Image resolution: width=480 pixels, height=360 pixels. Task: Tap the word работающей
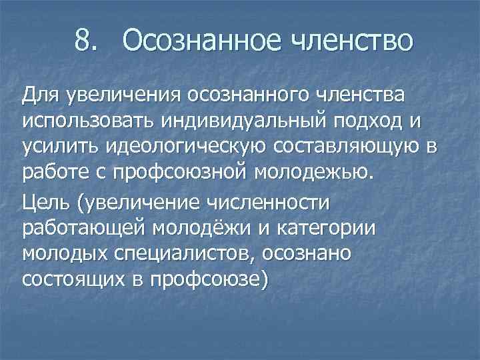click(86, 227)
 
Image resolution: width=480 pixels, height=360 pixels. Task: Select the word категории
click(327, 227)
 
